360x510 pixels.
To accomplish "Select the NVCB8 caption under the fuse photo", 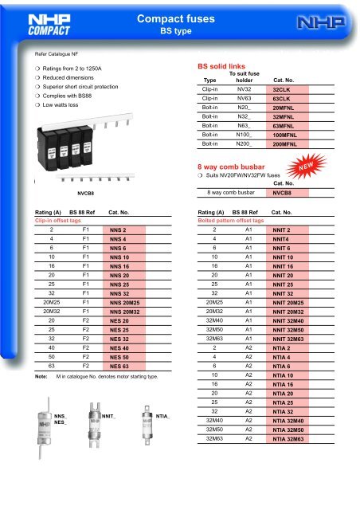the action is [86, 192].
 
